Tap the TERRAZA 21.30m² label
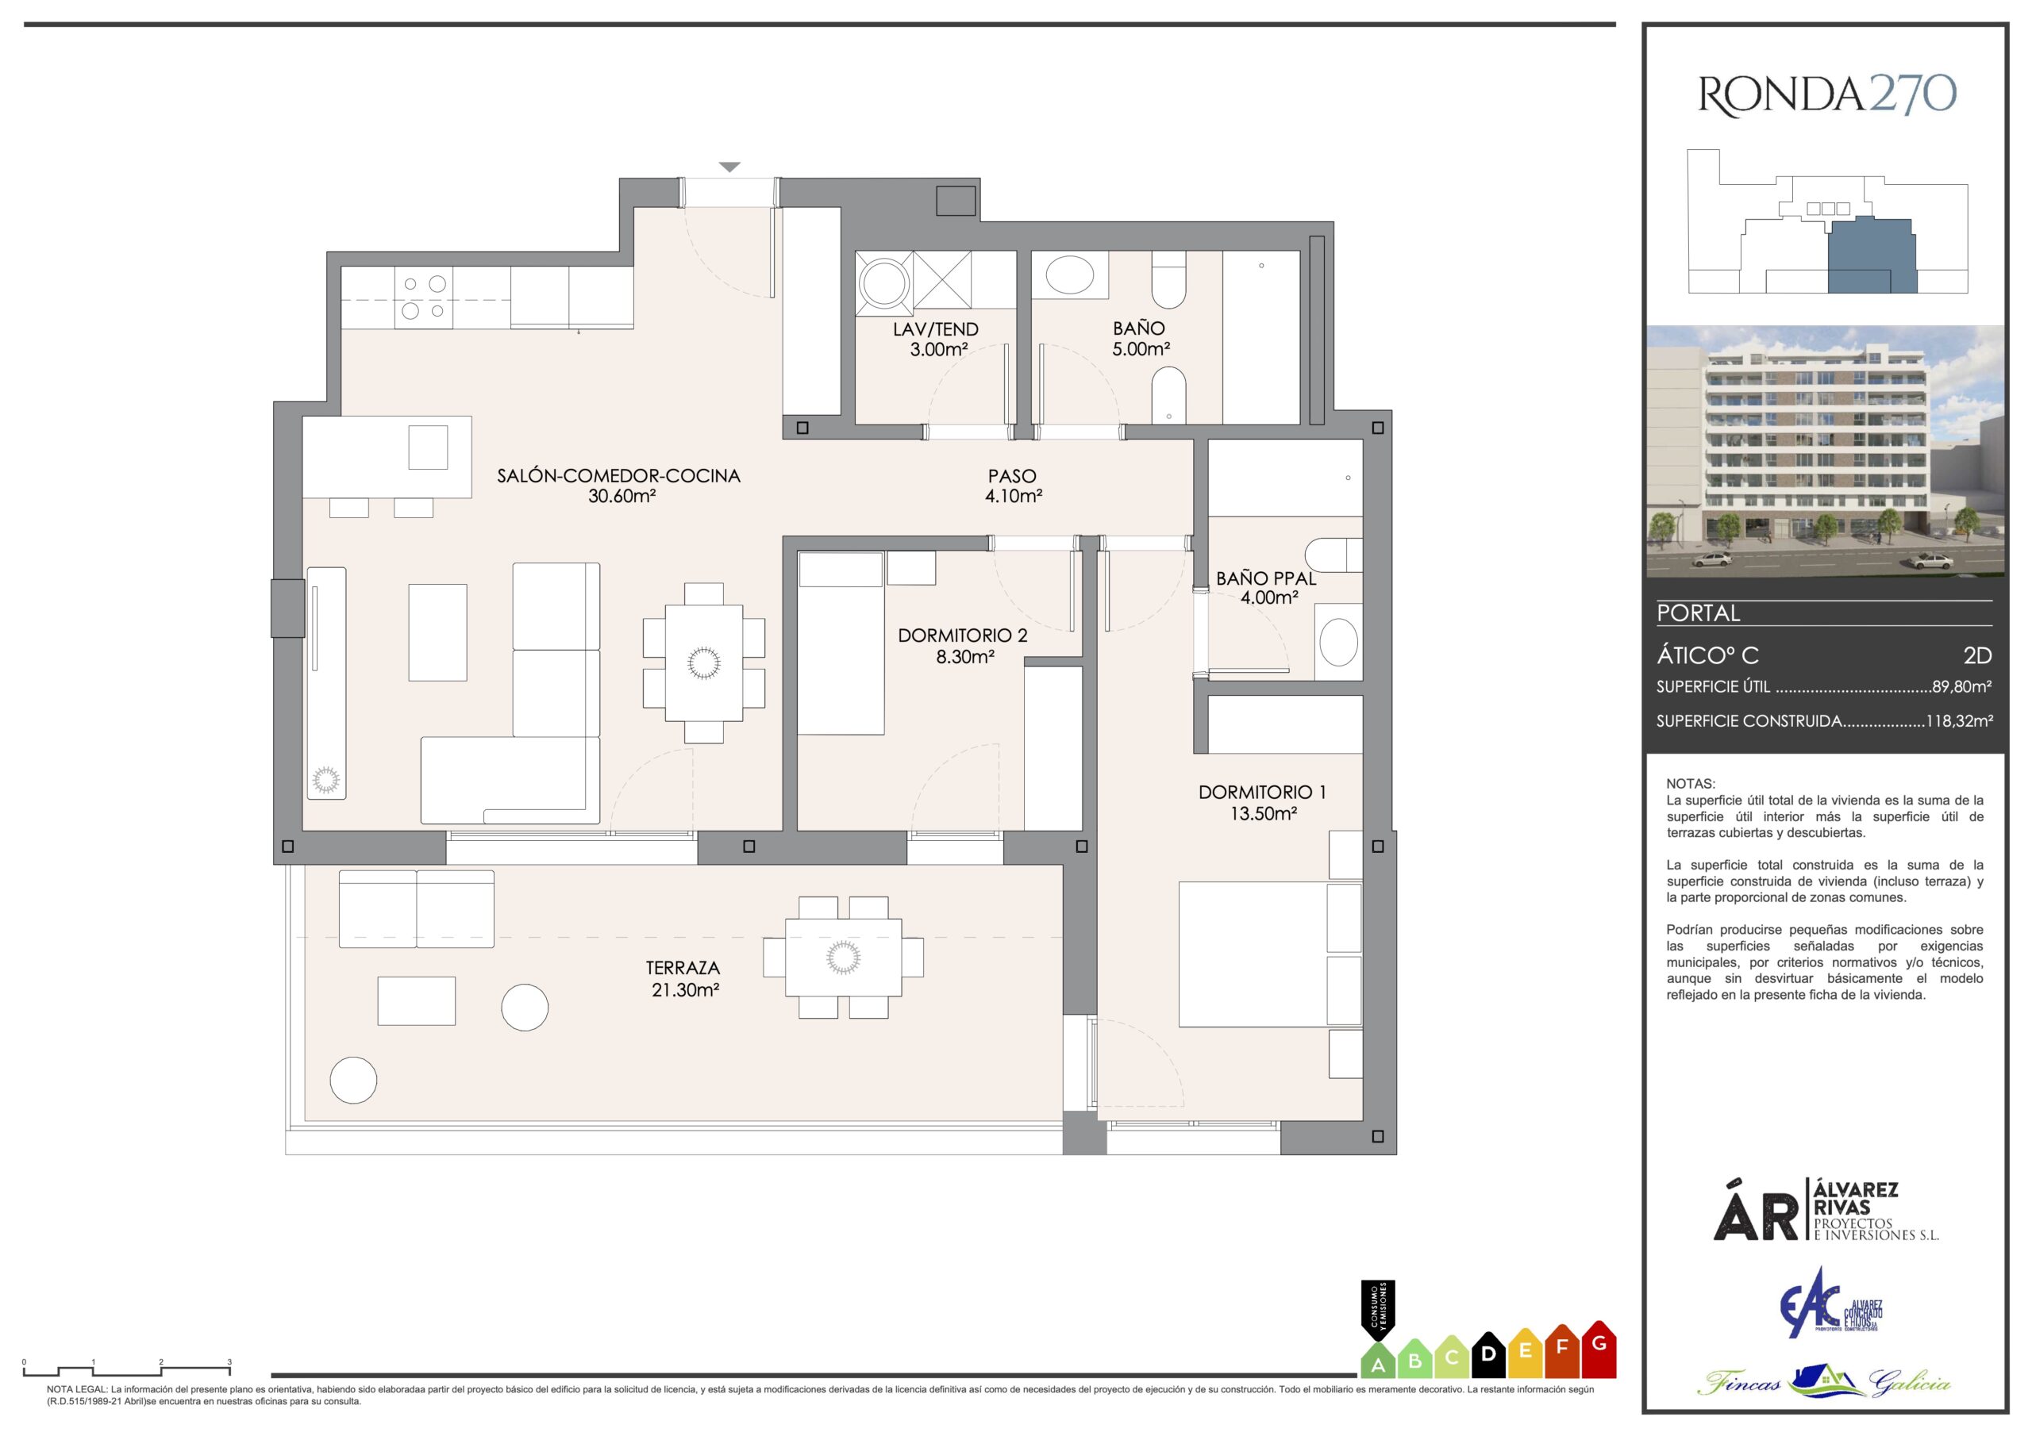pos(683,978)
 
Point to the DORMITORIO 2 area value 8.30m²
pos(963,656)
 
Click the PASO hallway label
pos(1013,476)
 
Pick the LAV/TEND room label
pos(936,329)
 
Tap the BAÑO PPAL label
pos(1267,578)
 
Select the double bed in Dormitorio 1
pos(1255,954)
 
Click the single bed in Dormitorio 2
pos(841,643)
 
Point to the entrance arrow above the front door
pos(729,167)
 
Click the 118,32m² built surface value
pos(1960,721)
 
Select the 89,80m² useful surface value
pos(1962,685)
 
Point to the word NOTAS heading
pos(1691,784)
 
